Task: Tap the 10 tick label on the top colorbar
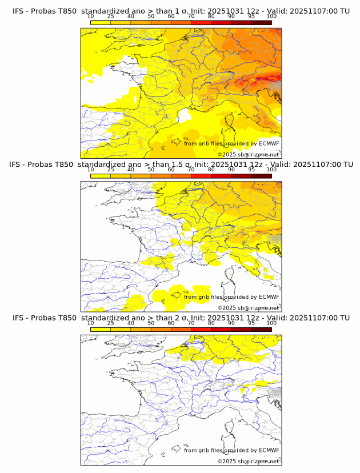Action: click(91, 16)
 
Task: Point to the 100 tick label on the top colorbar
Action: click(271, 16)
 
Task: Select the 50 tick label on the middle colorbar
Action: click(151, 170)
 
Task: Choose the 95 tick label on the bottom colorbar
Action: click(251, 323)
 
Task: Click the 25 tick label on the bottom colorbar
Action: click(111, 323)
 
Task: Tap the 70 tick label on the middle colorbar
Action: click(191, 170)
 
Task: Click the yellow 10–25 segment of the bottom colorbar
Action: click(101, 329)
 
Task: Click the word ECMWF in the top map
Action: click(269, 143)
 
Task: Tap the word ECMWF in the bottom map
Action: click(269, 450)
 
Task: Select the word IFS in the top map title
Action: click(18, 10)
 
